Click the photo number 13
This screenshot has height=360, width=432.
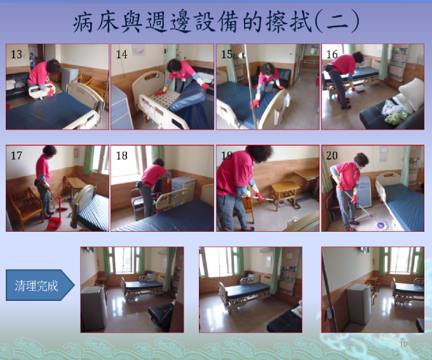click(x=17, y=54)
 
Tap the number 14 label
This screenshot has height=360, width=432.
click(x=121, y=54)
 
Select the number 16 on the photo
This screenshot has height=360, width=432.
click(x=332, y=54)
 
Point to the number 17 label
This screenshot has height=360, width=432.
click(x=17, y=156)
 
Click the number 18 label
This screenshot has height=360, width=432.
click(x=121, y=156)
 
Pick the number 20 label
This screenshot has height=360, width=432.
click(x=332, y=156)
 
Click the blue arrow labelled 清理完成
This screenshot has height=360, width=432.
click(x=40, y=285)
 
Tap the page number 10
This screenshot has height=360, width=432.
click(x=403, y=343)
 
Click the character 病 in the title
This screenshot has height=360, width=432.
click(x=83, y=22)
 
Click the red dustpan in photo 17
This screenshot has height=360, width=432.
click(x=54, y=223)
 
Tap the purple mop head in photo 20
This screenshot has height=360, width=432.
click(x=382, y=225)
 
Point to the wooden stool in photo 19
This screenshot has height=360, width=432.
click(x=285, y=194)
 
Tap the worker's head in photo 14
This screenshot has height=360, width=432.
click(x=175, y=66)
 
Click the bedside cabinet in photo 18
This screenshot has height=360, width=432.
click(x=183, y=190)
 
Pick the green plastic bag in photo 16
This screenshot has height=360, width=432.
click(x=396, y=117)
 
